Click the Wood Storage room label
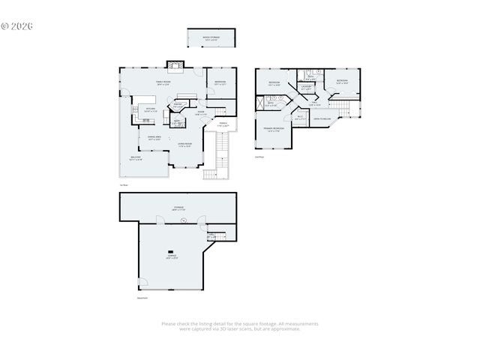[211, 38]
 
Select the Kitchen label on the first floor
[149, 110]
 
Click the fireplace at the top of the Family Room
[175, 67]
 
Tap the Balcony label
[136, 158]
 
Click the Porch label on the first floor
[223, 124]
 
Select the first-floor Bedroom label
[220, 82]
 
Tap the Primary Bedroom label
[274, 130]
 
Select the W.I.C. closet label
[299, 116]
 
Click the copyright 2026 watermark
[17, 25]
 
